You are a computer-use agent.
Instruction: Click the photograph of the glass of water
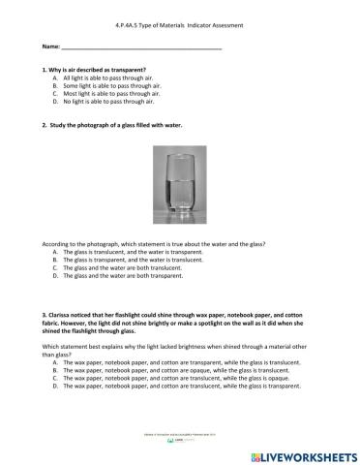click(x=179, y=185)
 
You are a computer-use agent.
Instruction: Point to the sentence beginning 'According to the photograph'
click(x=155, y=244)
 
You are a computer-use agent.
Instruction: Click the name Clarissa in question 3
click(x=61, y=315)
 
